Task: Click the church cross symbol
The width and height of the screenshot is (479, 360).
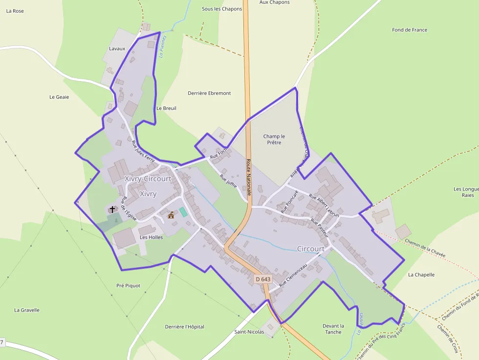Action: point(112,210)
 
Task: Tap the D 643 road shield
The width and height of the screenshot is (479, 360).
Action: point(263,279)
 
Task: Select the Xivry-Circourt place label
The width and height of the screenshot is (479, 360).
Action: point(148,179)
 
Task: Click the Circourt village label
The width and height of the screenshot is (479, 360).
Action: point(310,249)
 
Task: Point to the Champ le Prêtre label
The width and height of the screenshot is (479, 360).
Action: point(274,139)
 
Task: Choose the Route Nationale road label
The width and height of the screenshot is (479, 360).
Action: point(248,177)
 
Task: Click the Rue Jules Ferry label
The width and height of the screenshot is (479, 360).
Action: point(143,151)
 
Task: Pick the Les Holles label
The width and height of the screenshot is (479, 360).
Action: point(151,237)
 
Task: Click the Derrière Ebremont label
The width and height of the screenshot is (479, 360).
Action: point(209,93)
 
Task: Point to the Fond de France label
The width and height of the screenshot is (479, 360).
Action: point(410,30)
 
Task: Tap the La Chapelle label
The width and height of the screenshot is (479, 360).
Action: point(421,275)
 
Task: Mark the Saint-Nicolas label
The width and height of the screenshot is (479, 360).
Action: point(249,332)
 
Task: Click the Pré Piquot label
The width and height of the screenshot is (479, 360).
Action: point(128,286)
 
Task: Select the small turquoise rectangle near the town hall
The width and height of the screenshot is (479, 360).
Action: point(183,212)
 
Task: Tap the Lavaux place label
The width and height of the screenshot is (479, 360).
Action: point(117,49)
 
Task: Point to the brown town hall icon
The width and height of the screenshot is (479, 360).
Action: point(171,215)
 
